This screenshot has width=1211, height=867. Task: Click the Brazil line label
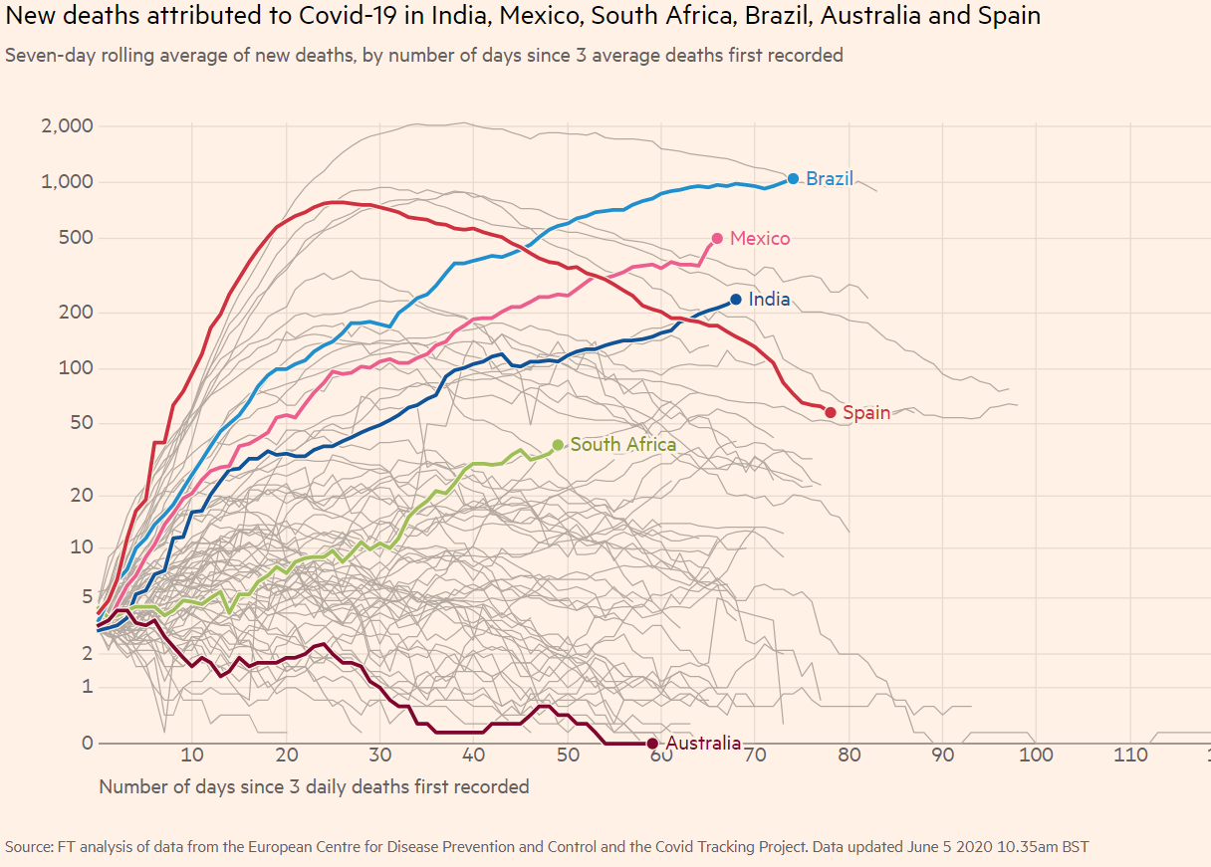tap(830, 179)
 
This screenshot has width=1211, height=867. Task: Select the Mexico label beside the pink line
tap(760, 239)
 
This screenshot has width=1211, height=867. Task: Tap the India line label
tap(769, 299)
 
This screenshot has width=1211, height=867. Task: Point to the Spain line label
tap(866, 413)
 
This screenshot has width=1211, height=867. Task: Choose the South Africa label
tap(623, 445)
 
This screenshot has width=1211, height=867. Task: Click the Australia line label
tap(703, 744)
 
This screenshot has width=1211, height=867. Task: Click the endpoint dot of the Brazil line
tap(794, 179)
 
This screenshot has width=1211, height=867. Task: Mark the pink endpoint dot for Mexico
tap(717, 239)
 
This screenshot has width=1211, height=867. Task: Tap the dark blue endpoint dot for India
tap(736, 299)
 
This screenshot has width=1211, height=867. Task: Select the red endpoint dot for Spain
tap(831, 413)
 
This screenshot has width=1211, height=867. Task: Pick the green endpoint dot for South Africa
tap(558, 445)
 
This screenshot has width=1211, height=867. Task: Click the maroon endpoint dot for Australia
tap(652, 744)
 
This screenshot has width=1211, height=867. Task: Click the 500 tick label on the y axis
tap(77, 238)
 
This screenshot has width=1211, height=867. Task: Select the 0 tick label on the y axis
tap(87, 744)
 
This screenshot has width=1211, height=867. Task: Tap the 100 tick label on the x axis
tap(1037, 756)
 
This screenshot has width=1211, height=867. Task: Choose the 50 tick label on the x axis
tap(568, 756)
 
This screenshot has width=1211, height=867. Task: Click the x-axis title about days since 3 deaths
tap(314, 787)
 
